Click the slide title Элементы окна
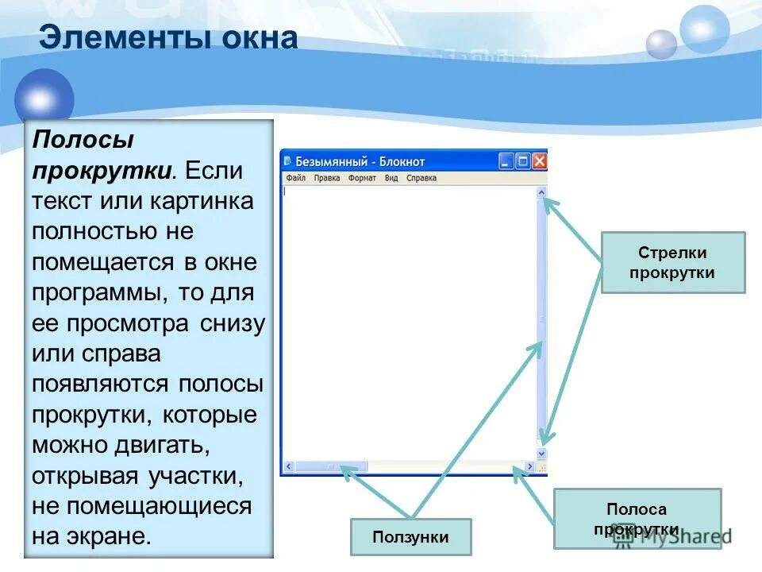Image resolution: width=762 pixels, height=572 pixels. [168, 38]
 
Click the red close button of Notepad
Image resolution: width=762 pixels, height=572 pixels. [540, 161]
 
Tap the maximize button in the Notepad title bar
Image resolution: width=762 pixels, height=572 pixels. [523, 161]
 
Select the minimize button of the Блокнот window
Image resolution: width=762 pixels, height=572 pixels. [506, 161]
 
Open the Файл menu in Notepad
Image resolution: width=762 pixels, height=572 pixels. [295, 178]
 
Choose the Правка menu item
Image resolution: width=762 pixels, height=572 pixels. [326, 178]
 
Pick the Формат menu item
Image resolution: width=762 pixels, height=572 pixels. [362, 178]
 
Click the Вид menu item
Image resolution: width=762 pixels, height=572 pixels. [391, 178]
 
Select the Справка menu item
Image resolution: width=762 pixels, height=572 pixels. [421, 178]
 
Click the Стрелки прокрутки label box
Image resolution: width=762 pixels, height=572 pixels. [672, 262]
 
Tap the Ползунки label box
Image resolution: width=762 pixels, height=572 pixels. [410, 537]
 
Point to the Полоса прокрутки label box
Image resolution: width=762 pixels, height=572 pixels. [637, 519]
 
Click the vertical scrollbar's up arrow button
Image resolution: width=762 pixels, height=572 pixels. [541, 191]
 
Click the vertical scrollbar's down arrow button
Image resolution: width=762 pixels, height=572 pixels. [541, 453]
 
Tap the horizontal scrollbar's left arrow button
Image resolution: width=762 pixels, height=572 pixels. [289, 467]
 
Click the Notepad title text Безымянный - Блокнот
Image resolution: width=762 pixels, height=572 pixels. [360, 161]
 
